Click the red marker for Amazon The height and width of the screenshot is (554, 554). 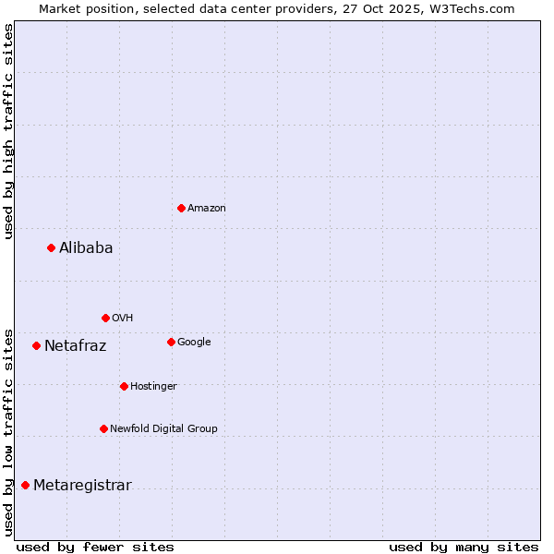tap(181, 208)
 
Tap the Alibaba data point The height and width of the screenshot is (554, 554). tap(51, 247)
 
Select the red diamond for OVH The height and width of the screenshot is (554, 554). tap(105, 318)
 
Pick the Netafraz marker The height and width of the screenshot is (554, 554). tap(36, 345)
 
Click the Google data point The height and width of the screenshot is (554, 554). tap(171, 342)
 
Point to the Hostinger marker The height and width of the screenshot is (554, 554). tap(124, 386)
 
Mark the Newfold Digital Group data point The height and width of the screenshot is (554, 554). tap(103, 428)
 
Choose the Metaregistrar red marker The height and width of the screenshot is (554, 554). tap(25, 485)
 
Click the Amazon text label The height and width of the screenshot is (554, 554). tap(207, 208)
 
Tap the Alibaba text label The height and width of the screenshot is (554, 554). tap(86, 247)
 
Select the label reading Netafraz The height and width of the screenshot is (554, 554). tap(76, 346)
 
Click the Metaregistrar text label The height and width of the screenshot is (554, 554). tap(82, 486)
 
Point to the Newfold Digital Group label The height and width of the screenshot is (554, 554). tap(163, 428)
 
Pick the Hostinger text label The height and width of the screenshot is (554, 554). tap(153, 386)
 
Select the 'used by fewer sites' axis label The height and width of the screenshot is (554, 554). tap(95, 547)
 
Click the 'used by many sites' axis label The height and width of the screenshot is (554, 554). tap(464, 547)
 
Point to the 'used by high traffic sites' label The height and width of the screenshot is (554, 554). tap(9, 131)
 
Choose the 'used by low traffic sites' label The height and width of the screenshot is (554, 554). tap(9, 432)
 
